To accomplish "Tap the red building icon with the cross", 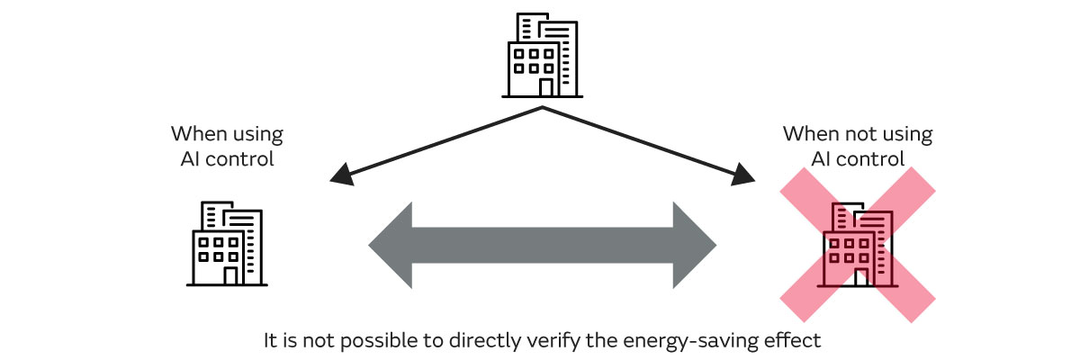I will click(x=858, y=245).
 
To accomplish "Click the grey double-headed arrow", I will click(x=542, y=245).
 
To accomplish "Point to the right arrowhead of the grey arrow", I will click(x=694, y=245).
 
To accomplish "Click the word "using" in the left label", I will click(x=256, y=135).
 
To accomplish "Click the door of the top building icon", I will click(x=546, y=86).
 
